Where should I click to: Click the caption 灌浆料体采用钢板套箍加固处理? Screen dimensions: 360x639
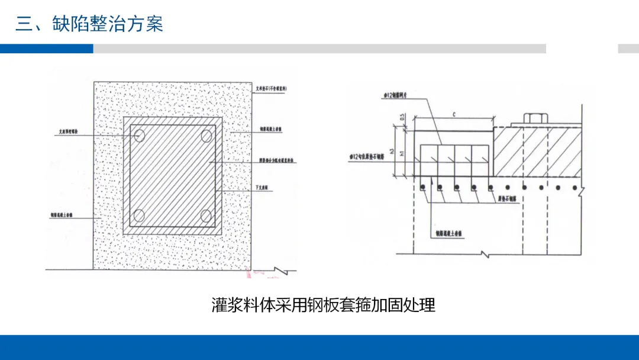point(324,305)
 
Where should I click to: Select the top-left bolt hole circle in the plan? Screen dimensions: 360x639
point(140,136)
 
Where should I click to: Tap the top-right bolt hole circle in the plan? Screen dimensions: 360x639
point(206,136)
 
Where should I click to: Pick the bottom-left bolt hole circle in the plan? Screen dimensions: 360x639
point(140,215)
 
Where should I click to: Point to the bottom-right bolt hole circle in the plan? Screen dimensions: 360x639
point(206,215)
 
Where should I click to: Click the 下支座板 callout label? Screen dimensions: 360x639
point(262,187)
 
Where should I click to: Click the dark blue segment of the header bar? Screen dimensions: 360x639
point(46,49)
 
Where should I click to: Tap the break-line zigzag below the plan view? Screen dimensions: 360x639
point(283,272)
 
